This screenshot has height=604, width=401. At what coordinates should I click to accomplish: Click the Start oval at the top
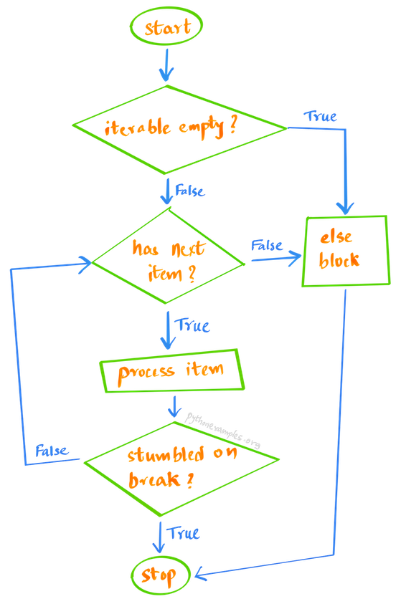[167, 28]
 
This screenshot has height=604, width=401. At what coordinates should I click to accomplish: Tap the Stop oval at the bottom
[161, 575]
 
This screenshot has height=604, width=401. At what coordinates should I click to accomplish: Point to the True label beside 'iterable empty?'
[321, 116]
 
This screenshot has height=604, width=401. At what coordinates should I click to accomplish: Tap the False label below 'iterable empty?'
[191, 191]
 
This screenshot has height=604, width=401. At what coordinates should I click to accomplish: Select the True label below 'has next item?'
[193, 326]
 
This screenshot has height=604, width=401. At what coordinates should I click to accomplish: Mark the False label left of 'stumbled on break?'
[52, 451]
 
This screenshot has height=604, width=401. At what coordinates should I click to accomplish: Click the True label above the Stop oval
[183, 533]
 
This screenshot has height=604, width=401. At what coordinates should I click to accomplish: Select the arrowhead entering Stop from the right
[199, 574]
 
